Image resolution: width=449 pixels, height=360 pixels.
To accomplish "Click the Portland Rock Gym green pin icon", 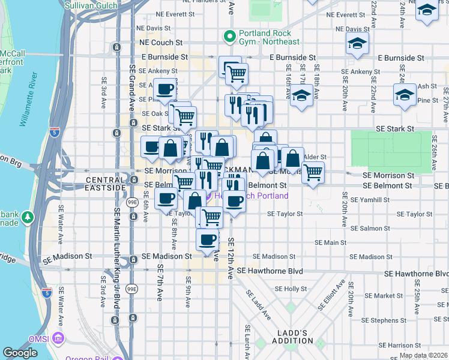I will tap(228, 37).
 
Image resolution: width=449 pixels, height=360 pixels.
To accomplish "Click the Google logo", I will tap(20, 353).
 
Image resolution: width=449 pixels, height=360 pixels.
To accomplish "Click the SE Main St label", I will tap(331, 242).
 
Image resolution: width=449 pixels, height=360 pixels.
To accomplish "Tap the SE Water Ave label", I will tap(61, 222).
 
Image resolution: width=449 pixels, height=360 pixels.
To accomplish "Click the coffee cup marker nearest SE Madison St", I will tap(208, 239).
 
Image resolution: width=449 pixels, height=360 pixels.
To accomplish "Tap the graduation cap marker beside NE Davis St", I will tap(357, 44).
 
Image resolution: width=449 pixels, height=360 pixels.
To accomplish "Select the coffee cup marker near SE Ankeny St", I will tap(164, 89).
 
